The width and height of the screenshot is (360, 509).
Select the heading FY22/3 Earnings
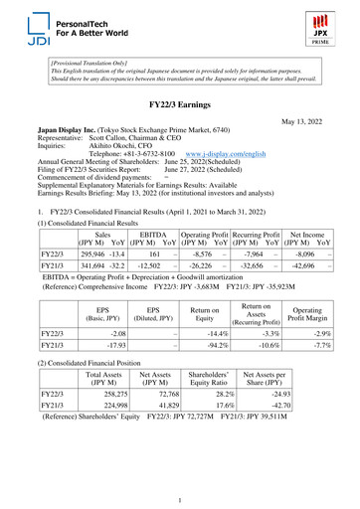coord(179,104)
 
